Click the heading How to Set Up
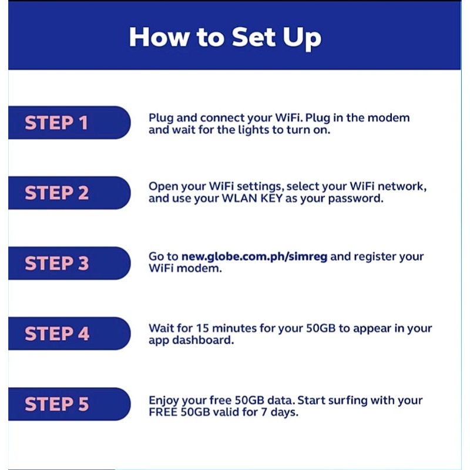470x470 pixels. pos(225,36)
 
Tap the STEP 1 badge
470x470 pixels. pos(56,123)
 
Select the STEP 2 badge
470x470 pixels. pos(56,193)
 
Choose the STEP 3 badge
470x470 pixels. pos(56,263)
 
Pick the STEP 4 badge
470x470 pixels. pos(56,334)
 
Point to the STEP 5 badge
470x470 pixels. pos(56,404)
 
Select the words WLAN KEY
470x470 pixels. pos(250,199)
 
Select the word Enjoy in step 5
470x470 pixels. pos(164,400)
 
